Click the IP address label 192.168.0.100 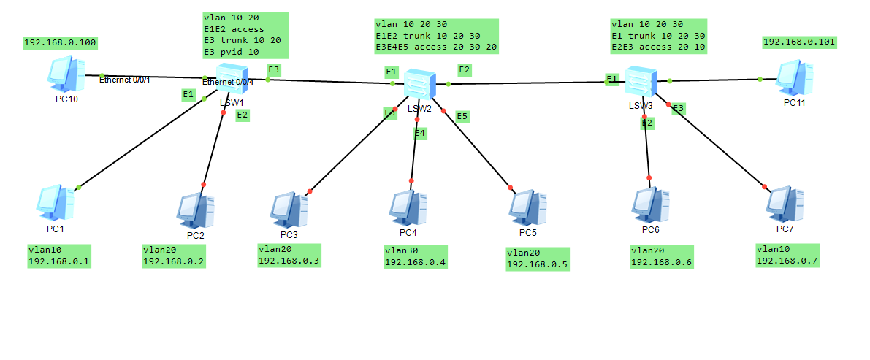pos(61,42)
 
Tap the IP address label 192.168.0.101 pos(799,42)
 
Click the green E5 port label pos(462,116)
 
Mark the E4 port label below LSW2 pos(419,133)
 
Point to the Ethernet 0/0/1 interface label pos(124,79)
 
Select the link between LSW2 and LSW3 pos(526,83)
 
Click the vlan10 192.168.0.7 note pos(787,255)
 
